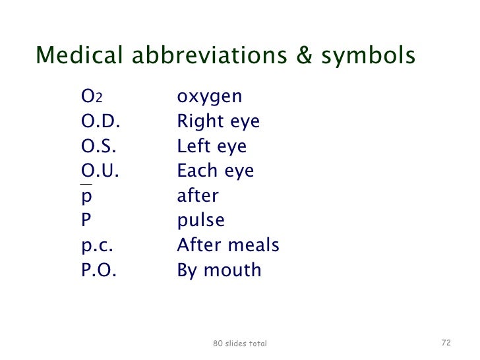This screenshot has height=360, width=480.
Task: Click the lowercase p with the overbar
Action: point(86,197)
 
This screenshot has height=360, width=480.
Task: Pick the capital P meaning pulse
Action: point(86,221)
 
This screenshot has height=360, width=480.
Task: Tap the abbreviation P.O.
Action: point(98,270)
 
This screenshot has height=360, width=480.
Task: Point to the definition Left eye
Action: point(212,147)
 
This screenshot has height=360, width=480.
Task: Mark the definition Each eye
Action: point(215,171)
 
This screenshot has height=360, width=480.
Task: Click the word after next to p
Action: point(198,196)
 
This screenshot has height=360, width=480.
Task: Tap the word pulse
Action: point(200,221)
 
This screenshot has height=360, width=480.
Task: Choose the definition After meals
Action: point(228,246)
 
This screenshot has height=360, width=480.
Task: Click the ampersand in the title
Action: point(304,57)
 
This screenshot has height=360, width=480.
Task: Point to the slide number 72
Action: point(446,343)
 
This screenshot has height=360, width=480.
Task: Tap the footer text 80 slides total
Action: point(240,344)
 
